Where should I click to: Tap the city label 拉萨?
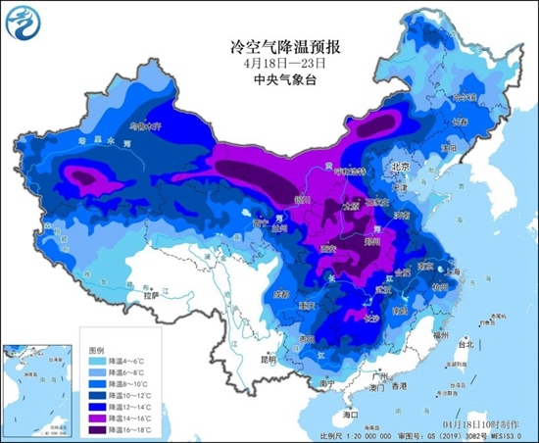coord(149,294)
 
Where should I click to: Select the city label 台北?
coord(469,345)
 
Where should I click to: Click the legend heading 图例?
coord(95,349)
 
